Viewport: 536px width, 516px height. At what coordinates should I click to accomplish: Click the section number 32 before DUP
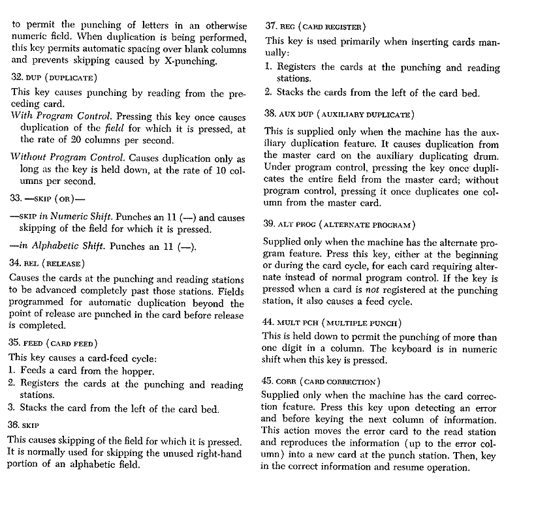click(x=17, y=77)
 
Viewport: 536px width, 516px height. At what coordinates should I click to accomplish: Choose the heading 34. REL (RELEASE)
click(x=48, y=263)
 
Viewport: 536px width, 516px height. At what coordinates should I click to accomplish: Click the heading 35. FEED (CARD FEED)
click(x=53, y=342)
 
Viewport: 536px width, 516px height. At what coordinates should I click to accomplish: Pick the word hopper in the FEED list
click(x=137, y=371)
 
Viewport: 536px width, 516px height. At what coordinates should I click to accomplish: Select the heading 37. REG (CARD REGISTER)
click(x=315, y=27)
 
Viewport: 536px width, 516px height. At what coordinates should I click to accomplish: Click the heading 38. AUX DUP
click(x=339, y=114)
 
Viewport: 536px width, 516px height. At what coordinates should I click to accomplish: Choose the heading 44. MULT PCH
click(x=332, y=322)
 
